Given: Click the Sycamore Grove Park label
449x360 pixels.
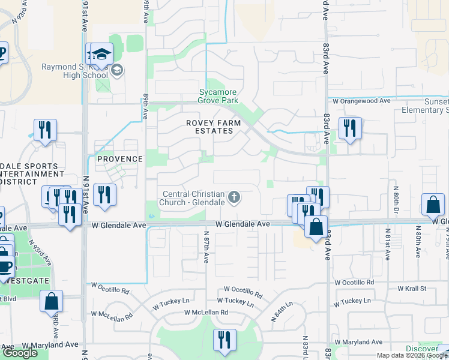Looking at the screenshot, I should tap(218, 97).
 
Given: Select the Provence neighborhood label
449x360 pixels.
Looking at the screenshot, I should tap(121, 159).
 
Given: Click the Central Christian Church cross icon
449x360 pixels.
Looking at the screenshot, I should tap(234, 197).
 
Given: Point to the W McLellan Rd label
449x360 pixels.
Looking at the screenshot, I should tap(206, 313).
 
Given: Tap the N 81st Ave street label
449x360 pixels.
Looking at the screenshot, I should tap(388, 245).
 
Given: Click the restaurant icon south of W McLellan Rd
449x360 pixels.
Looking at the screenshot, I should tap(224, 340).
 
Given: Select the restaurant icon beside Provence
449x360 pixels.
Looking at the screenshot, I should tap(104, 194).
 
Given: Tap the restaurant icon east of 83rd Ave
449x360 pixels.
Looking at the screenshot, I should tap(349, 128).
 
